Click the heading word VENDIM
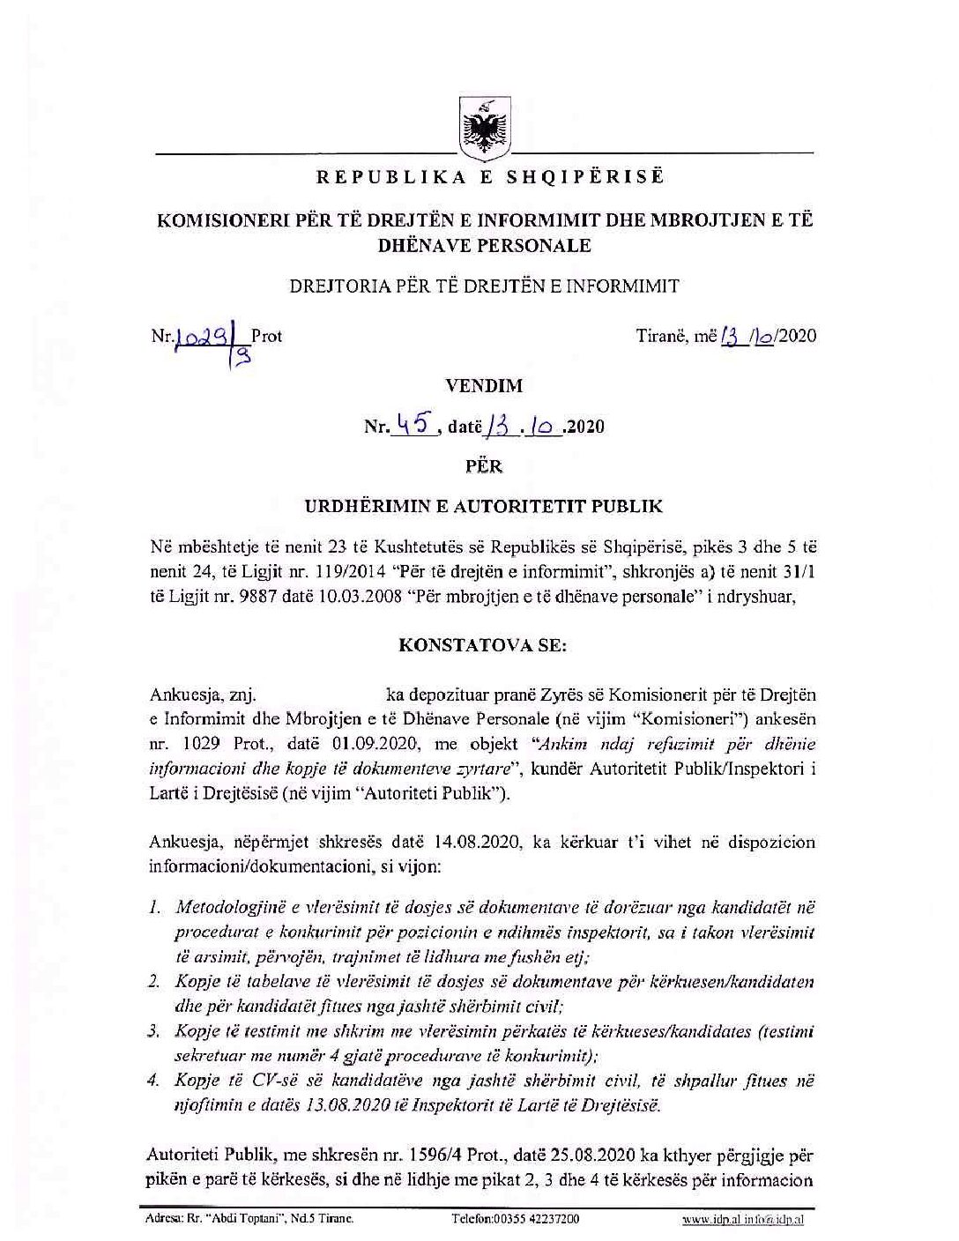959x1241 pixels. coord(484,385)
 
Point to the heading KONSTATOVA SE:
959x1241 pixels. coord(484,644)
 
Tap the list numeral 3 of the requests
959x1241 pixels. coord(154,1030)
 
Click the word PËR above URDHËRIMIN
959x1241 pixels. coord(484,466)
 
